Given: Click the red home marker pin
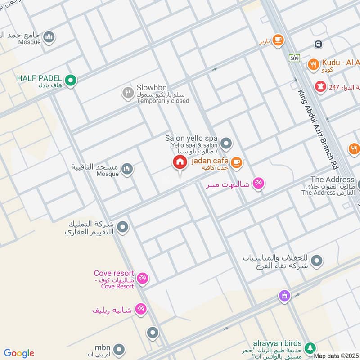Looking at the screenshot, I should [x=180, y=163].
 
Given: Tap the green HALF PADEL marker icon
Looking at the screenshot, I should [x=70, y=81].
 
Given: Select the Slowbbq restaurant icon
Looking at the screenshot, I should [x=128, y=94].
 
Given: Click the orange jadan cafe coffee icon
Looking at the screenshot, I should [x=236, y=162].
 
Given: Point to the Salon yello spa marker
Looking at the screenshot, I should [x=226, y=144].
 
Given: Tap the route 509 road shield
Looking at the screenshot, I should [x=295, y=58].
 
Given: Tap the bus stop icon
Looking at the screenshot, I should [x=318, y=44].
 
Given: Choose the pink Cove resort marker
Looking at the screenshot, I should [x=143, y=279].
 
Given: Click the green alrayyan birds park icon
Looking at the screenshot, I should [x=310, y=348].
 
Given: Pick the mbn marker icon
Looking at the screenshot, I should [x=119, y=349].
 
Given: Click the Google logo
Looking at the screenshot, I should [x=18, y=353].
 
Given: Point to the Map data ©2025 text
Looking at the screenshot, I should [x=336, y=356].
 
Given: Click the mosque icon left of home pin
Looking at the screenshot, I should [x=127, y=169].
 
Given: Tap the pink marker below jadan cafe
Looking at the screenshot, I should [x=258, y=183].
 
